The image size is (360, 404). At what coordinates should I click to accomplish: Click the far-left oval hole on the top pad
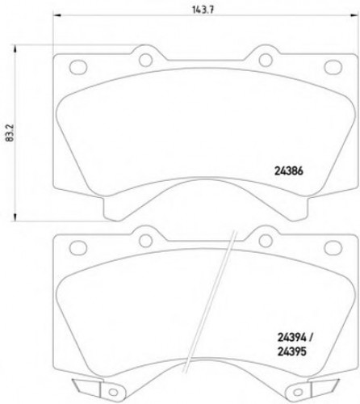click(77, 66)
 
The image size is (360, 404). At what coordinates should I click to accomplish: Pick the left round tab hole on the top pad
click(145, 59)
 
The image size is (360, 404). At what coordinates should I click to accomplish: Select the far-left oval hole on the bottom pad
click(77, 249)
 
